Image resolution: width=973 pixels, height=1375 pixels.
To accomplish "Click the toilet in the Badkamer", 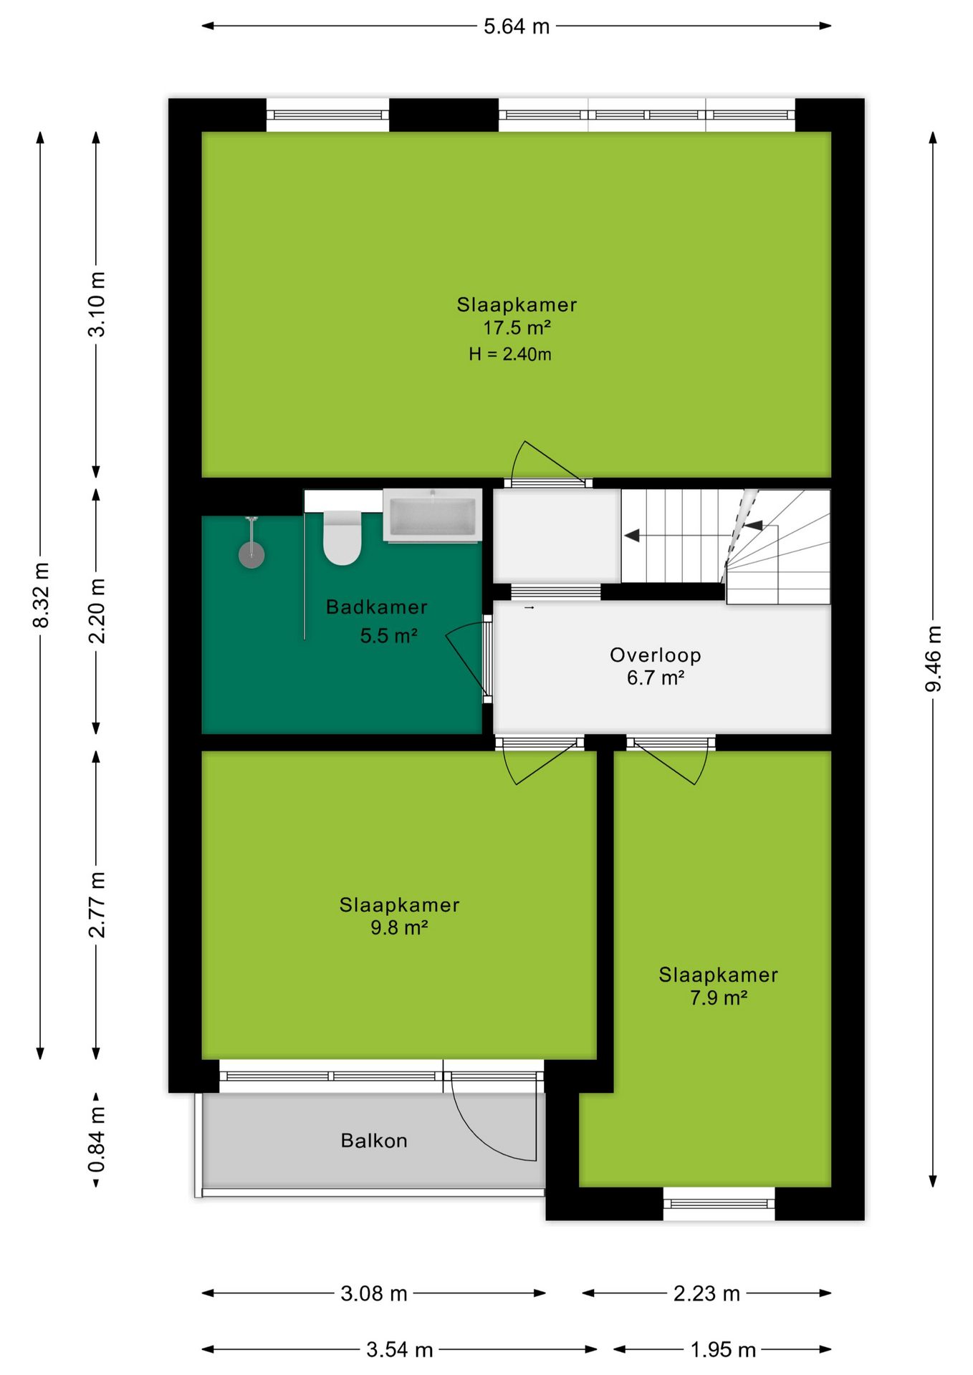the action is point(342,537).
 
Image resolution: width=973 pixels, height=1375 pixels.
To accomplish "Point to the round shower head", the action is point(251,554).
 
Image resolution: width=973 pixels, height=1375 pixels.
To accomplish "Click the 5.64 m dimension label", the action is point(517,26).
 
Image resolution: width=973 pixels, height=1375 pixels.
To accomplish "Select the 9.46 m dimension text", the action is point(933,659).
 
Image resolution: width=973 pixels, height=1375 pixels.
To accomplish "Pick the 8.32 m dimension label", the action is point(41,595).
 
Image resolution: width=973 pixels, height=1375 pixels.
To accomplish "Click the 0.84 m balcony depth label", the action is point(97,1139).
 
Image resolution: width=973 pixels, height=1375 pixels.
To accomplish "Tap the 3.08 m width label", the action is point(374,1293).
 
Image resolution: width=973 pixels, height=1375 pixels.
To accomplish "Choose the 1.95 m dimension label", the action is point(723,1350).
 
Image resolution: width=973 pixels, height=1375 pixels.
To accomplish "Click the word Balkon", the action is point(374,1140).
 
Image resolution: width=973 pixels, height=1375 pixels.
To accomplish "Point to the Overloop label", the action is point(656,655).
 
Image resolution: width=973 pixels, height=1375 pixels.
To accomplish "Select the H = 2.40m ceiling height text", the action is point(510,354).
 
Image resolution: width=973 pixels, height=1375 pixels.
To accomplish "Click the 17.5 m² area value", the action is point(517,328).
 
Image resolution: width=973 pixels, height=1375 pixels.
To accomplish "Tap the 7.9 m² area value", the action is point(719,998).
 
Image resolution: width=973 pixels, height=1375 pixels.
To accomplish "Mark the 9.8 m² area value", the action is point(399,927).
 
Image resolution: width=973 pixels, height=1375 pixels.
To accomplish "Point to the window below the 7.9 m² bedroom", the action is point(719,1204).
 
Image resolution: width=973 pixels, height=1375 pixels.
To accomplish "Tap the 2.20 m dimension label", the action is point(97,610).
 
